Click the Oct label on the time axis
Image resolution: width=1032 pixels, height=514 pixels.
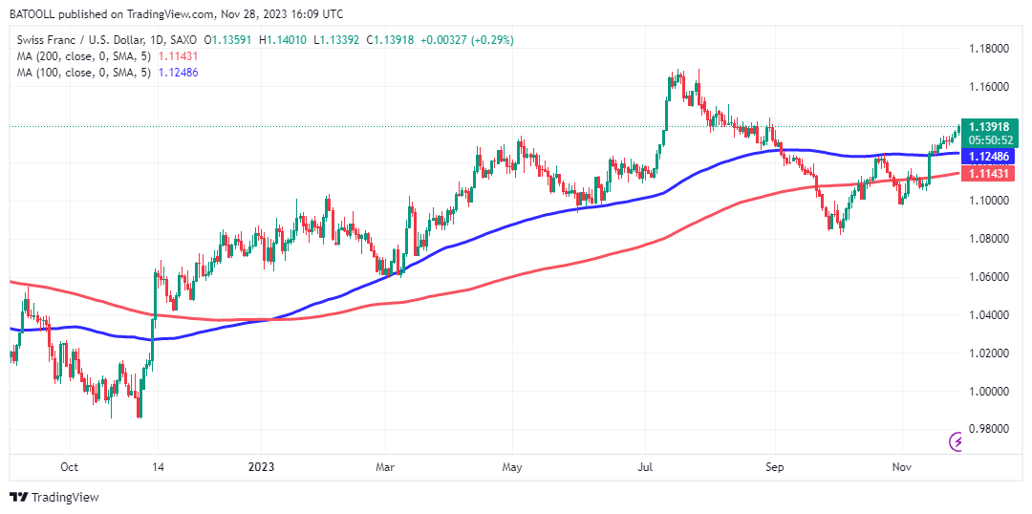(x=69, y=467)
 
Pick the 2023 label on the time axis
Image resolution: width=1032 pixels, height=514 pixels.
(x=260, y=467)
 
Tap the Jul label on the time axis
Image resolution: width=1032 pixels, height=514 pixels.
(x=645, y=467)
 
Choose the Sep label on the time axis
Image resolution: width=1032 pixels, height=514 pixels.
(x=775, y=467)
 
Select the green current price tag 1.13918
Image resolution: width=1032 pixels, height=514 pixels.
(x=990, y=126)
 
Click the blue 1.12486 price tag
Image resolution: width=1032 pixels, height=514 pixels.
(x=990, y=156)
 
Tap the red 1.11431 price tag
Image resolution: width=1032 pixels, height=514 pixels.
(x=990, y=174)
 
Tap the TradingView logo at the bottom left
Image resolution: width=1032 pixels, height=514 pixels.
(x=54, y=497)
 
